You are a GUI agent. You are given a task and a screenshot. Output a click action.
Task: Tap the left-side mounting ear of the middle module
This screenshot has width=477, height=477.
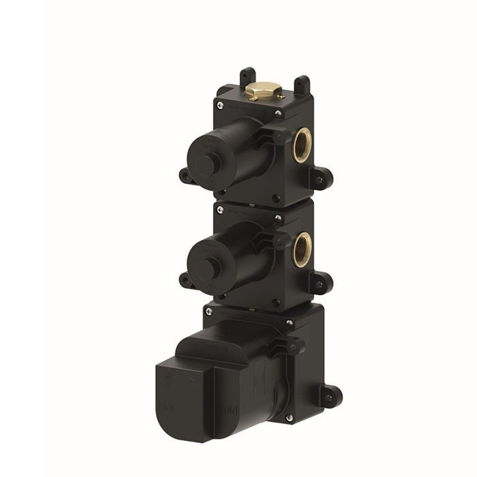(x=185, y=279)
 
